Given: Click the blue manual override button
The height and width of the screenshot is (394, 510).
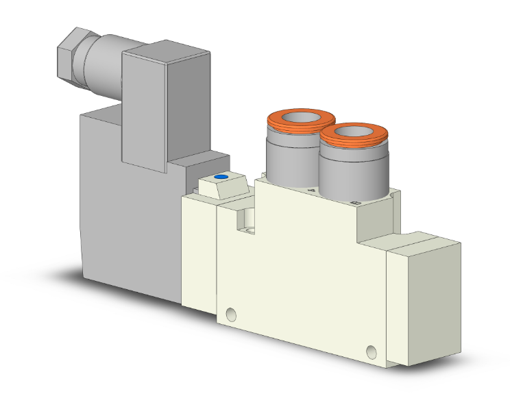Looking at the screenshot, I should pyautogui.click(x=220, y=177).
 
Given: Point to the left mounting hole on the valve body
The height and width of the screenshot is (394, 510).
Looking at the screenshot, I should pyautogui.click(x=231, y=315).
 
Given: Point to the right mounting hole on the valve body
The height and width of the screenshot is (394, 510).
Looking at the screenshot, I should pyautogui.click(x=372, y=352).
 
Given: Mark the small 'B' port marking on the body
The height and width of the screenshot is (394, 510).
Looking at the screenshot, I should pyautogui.click(x=354, y=204).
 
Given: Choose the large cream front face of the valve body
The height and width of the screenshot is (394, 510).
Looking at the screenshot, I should pyautogui.click(x=302, y=274).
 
